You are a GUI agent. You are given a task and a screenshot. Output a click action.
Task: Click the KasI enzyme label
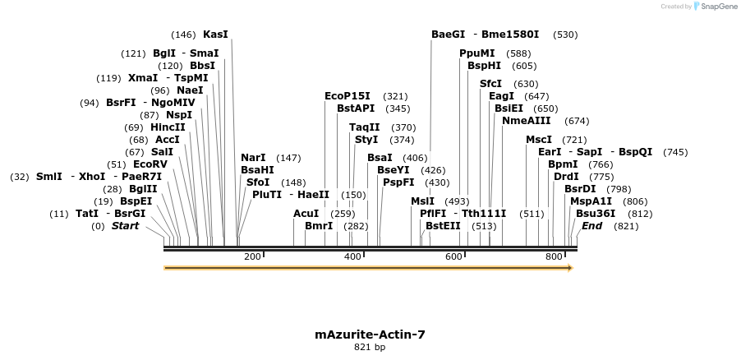pyautogui.click(x=215, y=35)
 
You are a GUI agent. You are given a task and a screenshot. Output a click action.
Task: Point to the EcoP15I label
pyautogui.click(x=347, y=96)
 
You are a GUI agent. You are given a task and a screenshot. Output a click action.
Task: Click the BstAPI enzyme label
pyautogui.click(x=356, y=108)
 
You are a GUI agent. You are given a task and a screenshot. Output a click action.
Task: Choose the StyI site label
pyautogui.click(x=366, y=140)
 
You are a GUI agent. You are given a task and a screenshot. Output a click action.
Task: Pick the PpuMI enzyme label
pyautogui.click(x=476, y=53)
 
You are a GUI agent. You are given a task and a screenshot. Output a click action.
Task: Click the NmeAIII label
pyautogui.click(x=526, y=121)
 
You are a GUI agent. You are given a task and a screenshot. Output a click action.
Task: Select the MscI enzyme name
pyautogui.click(x=539, y=140)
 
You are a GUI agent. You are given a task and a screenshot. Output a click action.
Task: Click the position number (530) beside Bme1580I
pyautogui.click(x=565, y=35)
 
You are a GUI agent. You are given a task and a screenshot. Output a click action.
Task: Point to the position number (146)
pyautogui.click(x=183, y=35)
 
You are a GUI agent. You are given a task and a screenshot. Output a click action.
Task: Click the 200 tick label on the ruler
pyautogui.click(x=252, y=257)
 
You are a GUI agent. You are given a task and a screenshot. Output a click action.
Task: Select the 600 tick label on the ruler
pyautogui.click(x=454, y=257)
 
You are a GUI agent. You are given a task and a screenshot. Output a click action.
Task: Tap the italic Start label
pyautogui.click(x=125, y=226)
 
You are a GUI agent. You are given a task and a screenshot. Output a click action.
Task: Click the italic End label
pyautogui.click(x=591, y=226)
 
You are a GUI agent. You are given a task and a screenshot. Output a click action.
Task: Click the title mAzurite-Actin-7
pyautogui.click(x=370, y=335)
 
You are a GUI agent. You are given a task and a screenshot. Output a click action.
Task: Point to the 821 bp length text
pyautogui.click(x=370, y=348)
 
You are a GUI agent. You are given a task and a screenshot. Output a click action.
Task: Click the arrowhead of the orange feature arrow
pyautogui.click(x=568, y=268)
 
